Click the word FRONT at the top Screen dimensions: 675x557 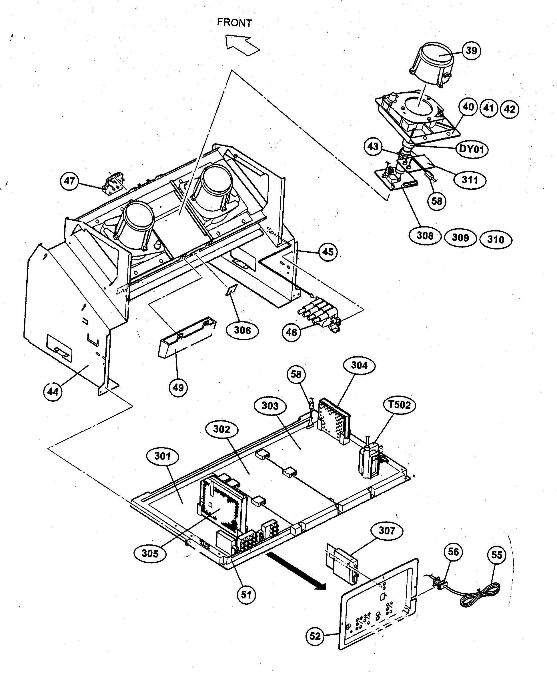click(x=235, y=23)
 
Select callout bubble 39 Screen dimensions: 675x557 click(x=471, y=51)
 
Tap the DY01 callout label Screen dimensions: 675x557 click(x=472, y=149)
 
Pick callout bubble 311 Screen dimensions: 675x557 click(x=470, y=180)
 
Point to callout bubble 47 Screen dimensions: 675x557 click(x=69, y=181)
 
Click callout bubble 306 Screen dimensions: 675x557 click(x=242, y=330)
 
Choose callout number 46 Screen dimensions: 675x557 click(x=291, y=332)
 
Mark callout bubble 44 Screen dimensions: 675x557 click(x=53, y=392)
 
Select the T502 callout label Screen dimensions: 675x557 click(x=400, y=405)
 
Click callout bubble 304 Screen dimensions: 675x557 click(x=359, y=365)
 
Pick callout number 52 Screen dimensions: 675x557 click(x=315, y=636)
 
